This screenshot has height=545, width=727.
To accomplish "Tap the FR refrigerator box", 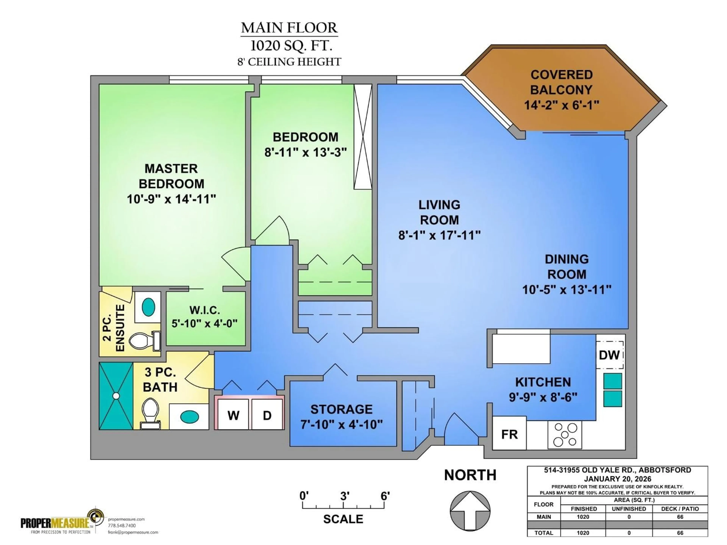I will [509, 434].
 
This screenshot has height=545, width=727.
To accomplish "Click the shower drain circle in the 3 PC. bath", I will [116, 396].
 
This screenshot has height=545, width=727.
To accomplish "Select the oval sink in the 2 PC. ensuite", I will [148, 307].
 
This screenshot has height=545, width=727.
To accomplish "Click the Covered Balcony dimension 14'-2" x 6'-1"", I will [561, 105].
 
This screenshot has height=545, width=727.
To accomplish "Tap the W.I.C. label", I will [204, 310].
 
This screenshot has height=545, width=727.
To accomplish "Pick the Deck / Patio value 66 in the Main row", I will [680, 517].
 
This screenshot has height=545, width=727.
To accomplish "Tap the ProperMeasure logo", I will [62, 522].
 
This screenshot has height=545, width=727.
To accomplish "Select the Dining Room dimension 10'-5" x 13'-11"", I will [567, 289].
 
